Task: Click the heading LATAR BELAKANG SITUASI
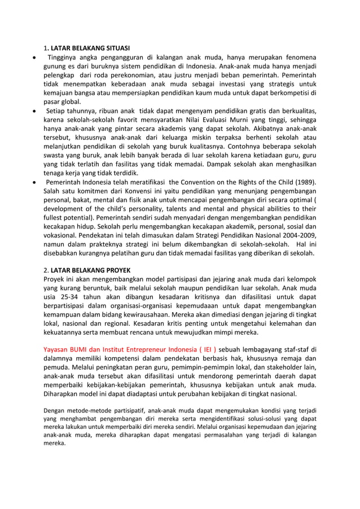(90, 48)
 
